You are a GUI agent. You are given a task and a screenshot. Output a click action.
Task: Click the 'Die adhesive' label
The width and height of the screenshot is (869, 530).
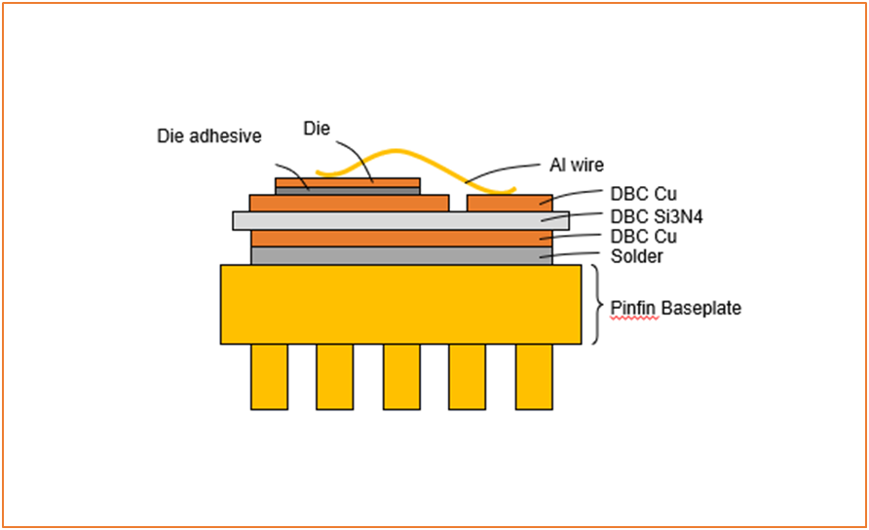(x=209, y=136)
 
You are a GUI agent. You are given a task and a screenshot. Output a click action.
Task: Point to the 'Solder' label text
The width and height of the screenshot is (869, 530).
(x=637, y=256)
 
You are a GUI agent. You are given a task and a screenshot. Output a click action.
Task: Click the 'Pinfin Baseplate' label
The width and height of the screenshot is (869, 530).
(x=676, y=308)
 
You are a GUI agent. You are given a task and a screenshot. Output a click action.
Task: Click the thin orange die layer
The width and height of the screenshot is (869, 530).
(x=348, y=181)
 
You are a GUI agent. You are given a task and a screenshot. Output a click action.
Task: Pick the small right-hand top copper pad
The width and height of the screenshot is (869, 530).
(x=510, y=203)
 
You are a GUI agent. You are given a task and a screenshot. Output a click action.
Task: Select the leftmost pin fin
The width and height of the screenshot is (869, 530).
(x=269, y=376)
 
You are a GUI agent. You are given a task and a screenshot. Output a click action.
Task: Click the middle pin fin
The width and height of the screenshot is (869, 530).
(x=400, y=376)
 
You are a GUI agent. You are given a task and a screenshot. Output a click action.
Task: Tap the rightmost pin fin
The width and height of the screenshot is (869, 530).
(x=533, y=376)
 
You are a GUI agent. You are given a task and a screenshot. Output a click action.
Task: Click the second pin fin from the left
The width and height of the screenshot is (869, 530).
(x=334, y=376)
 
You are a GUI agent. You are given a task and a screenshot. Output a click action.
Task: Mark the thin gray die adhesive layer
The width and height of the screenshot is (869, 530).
(x=348, y=191)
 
